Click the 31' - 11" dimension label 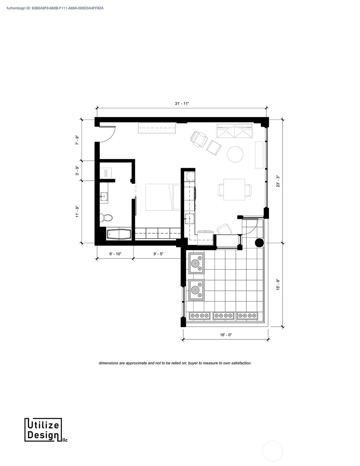click(x=182, y=104)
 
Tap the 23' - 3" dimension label click(x=278, y=181)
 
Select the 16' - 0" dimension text click(x=226, y=335)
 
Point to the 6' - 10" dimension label click(x=115, y=254)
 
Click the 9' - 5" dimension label click(x=158, y=254)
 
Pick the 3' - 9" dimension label click(x=77, y=171)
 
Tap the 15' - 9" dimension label click(x=278, y=285)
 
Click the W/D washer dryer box click(x=107, y=173)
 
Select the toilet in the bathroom click(x=106, y=218)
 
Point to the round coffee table click(x=235, y=154)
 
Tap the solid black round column click(x=259, y=243)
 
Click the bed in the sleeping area click(x=163, y=197)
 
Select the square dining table click(x=234, y=189)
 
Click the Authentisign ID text click(x=55, y=8)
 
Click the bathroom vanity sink click(x=104, y=196)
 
